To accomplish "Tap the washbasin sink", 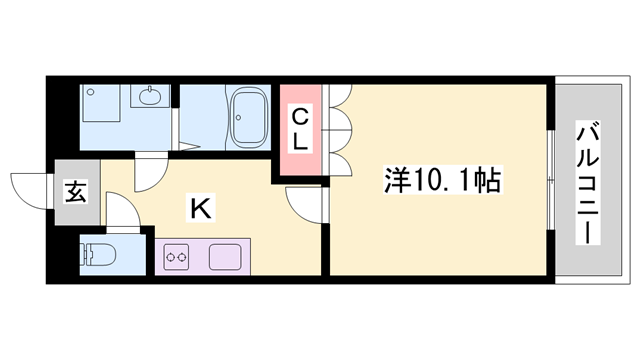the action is [150, 98].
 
